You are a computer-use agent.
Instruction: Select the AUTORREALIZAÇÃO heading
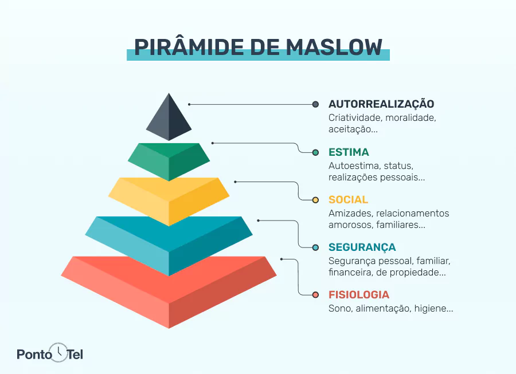pos(381,104)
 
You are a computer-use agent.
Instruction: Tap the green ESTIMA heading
pos(349,152)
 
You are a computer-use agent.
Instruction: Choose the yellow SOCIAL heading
pos(348,200)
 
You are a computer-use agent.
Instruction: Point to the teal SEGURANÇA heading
pos(362,247)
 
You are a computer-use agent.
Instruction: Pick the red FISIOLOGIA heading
pos(359,295)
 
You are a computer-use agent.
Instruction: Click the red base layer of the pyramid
pos(169,292)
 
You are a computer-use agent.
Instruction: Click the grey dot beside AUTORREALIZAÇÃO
pos(315,104)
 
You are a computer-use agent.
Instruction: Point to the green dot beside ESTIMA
pos(315,152)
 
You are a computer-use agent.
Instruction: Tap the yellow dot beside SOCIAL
pos(315,200)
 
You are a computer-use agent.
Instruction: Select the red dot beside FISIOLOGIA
pos(315,295)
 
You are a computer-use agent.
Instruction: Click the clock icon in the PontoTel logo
pos(58,351)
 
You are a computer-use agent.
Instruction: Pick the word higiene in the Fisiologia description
pos(436,309)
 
